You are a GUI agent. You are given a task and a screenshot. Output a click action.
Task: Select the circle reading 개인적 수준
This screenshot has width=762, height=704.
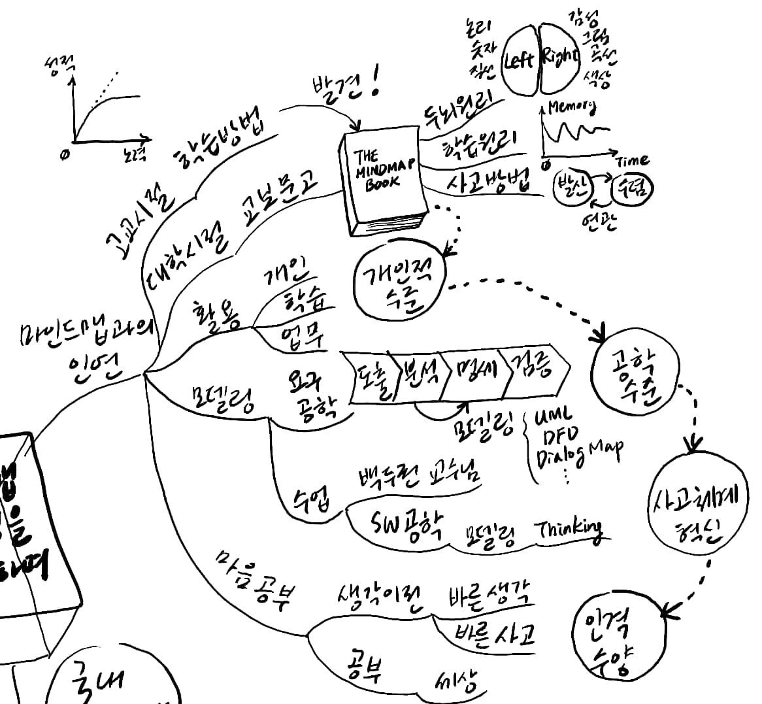pyautogui.click(x=398, y=282)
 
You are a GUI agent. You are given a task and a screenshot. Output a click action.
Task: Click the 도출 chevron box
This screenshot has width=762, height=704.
pyautogui.click(x=369, y=376)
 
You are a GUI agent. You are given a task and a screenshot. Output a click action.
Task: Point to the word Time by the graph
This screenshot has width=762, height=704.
pyautogui.click(x=632, y=159)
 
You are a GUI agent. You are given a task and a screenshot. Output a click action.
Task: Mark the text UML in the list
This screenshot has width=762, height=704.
pyautogui.click(x=553, y=416)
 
